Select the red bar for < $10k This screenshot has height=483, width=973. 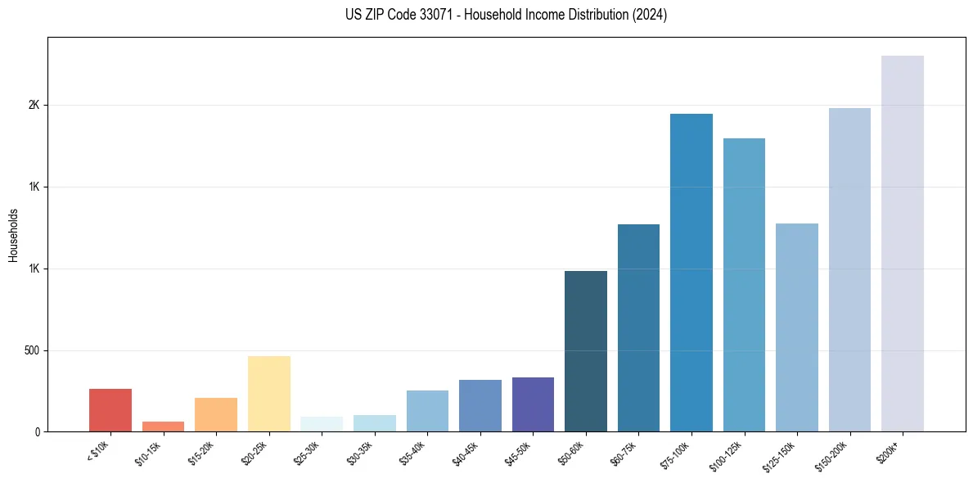click(110, 410)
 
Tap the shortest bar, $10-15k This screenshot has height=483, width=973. click(163, 427)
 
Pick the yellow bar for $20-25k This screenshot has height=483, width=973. click(269, 394)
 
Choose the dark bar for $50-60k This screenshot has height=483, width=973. click(586, 351)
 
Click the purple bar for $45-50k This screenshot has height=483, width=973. click(533, 404)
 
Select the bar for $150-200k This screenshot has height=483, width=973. click(849, 269)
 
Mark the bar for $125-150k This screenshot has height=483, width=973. click(796, 327)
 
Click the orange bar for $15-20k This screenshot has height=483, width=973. click(216, 414)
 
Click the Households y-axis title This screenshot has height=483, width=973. click(13, 235)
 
